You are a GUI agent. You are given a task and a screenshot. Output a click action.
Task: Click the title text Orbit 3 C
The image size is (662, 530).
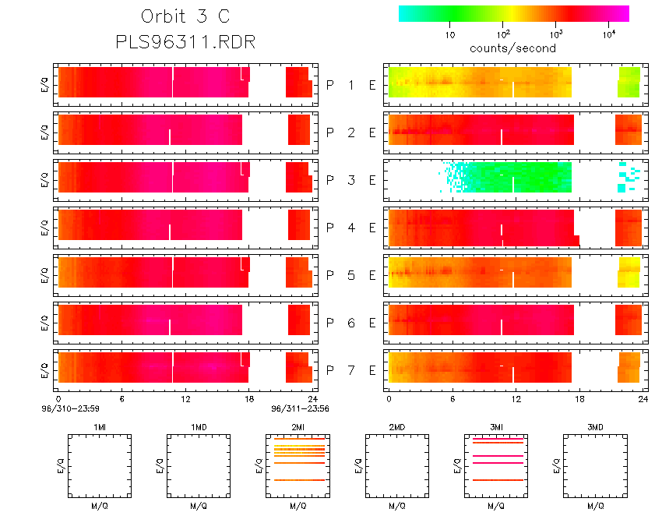coord(185,16)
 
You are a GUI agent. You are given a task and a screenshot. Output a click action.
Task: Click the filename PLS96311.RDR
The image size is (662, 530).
coord(185,42)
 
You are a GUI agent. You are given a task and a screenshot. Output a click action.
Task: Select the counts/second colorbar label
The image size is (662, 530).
coord(512,48)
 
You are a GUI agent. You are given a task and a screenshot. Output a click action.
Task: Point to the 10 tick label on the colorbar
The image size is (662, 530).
coord(450,35)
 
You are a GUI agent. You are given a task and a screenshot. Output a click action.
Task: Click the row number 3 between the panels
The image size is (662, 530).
coord(351,180)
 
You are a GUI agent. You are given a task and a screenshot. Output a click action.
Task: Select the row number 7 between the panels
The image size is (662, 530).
coord(351,369)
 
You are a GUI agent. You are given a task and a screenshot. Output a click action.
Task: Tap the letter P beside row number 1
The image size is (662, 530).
coord(331,85)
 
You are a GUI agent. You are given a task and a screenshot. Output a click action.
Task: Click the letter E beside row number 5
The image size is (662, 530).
coord(372,275)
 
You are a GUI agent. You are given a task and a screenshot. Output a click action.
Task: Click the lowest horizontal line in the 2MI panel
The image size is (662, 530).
coord(298,481)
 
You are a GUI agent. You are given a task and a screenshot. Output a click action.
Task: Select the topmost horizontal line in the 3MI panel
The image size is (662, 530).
coord(496,442)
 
